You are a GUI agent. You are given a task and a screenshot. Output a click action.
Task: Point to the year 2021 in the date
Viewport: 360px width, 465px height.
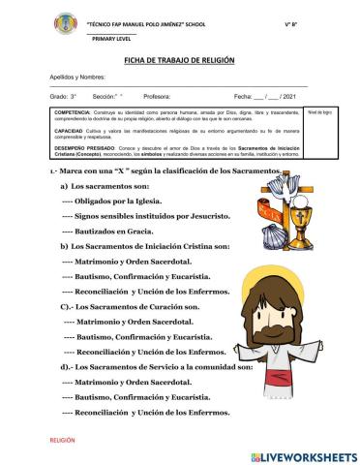(x=286, y=98)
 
